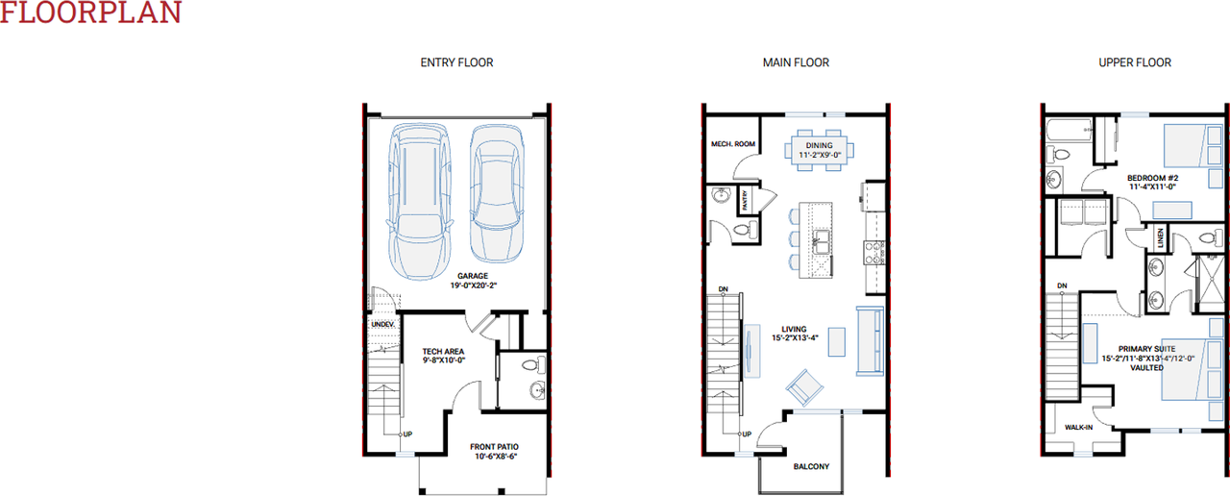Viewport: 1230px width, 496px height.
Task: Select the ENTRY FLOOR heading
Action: [456, 62]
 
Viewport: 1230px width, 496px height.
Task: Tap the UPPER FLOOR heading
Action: [1135, 62]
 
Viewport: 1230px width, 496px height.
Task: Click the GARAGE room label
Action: [472, 277]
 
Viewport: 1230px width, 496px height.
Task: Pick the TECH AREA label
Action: [443, 352]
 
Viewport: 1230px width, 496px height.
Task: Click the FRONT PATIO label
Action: [495, 447]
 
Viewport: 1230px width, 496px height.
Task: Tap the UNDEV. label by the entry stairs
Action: [382, 325]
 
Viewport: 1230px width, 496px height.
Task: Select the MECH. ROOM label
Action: [732, 144]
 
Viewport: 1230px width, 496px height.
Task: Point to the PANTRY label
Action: [745, 201]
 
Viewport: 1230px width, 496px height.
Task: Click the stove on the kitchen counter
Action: [874, 253]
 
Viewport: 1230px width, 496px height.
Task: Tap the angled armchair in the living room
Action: [804, 387]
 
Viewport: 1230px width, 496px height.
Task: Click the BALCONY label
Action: [811, 467]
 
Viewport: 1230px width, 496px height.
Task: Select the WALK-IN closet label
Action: [1078, 427]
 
